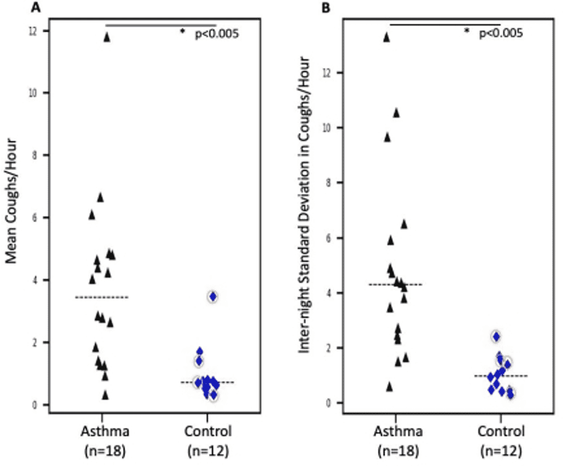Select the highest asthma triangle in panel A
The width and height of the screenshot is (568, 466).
107,37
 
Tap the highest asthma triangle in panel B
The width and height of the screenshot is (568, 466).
386,37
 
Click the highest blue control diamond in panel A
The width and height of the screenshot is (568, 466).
213,296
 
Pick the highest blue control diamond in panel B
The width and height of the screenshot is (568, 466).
496,337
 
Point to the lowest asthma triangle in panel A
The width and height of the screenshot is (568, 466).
106,394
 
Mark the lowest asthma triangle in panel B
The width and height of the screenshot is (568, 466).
390,386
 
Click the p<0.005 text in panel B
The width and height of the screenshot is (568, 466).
501,34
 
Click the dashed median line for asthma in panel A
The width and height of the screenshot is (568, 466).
102,297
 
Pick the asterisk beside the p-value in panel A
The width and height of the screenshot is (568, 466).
183,32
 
